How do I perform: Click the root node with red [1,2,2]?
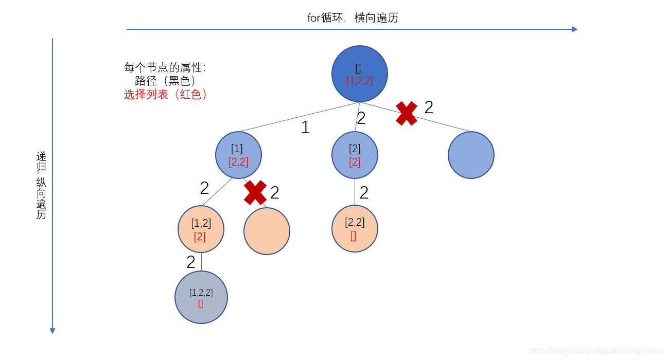click(x=359, y=74)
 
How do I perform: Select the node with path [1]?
click(x=238, y=155)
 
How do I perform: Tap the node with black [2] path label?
click(x=355, y=155)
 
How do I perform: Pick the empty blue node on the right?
click(x=471, y=155)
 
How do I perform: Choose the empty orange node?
click(x=267, y=231)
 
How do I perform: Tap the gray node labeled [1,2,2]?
click(x=201, y=297)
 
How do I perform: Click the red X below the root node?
click(x=407, y=113)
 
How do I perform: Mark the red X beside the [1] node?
click(x=255, y=192)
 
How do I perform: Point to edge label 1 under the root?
click(x=305, y=127)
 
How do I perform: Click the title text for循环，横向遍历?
click(x=353, y=18)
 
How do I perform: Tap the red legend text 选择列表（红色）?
click(x=166, y=95)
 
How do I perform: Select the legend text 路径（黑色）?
click(x=165, y=81)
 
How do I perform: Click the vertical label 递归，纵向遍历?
click(x=41, y=185)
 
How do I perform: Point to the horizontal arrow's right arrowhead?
click(x=575, y=29)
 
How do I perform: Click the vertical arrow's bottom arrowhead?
click(x=52, y=331)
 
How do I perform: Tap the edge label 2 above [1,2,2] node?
click(x=191, y=262)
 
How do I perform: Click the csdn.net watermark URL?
click(x=595, y=351)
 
